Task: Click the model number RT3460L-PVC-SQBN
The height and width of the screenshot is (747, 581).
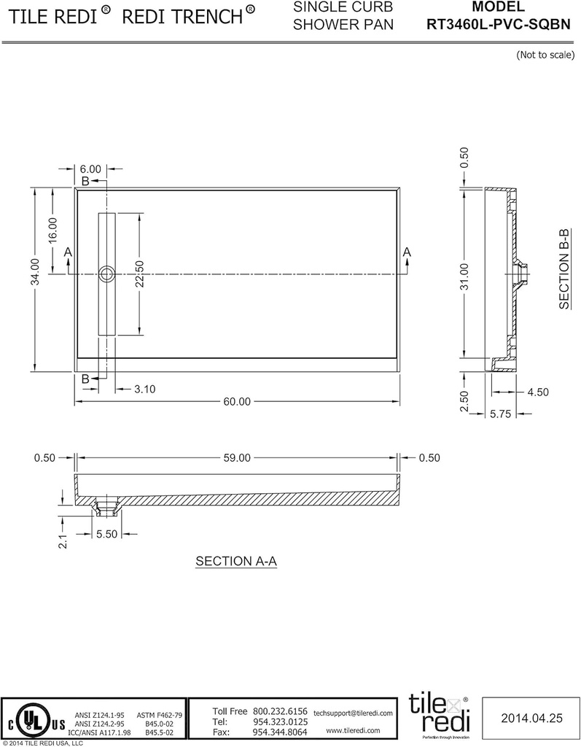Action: (x=497, y=23)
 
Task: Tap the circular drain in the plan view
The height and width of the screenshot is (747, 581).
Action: (x=107, y=274)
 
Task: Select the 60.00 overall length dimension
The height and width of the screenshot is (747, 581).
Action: (x=237, y=401)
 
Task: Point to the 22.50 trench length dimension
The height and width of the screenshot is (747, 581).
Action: (x=139, y=274)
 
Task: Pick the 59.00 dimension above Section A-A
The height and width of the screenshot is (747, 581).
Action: (x=237, y=458)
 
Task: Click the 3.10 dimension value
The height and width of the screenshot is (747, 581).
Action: (x=145, y=389)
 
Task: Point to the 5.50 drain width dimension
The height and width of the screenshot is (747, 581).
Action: (x=108, y=535)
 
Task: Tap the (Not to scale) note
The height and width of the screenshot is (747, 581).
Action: (x=545, y=55)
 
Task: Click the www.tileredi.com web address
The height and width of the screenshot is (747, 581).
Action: (x=353, y=730)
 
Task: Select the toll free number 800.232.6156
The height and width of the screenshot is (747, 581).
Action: (x=280, y=711)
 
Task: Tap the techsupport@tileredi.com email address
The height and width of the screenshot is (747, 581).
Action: (x=353, y=712)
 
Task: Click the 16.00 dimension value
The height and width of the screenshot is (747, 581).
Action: (x=52, y=232)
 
